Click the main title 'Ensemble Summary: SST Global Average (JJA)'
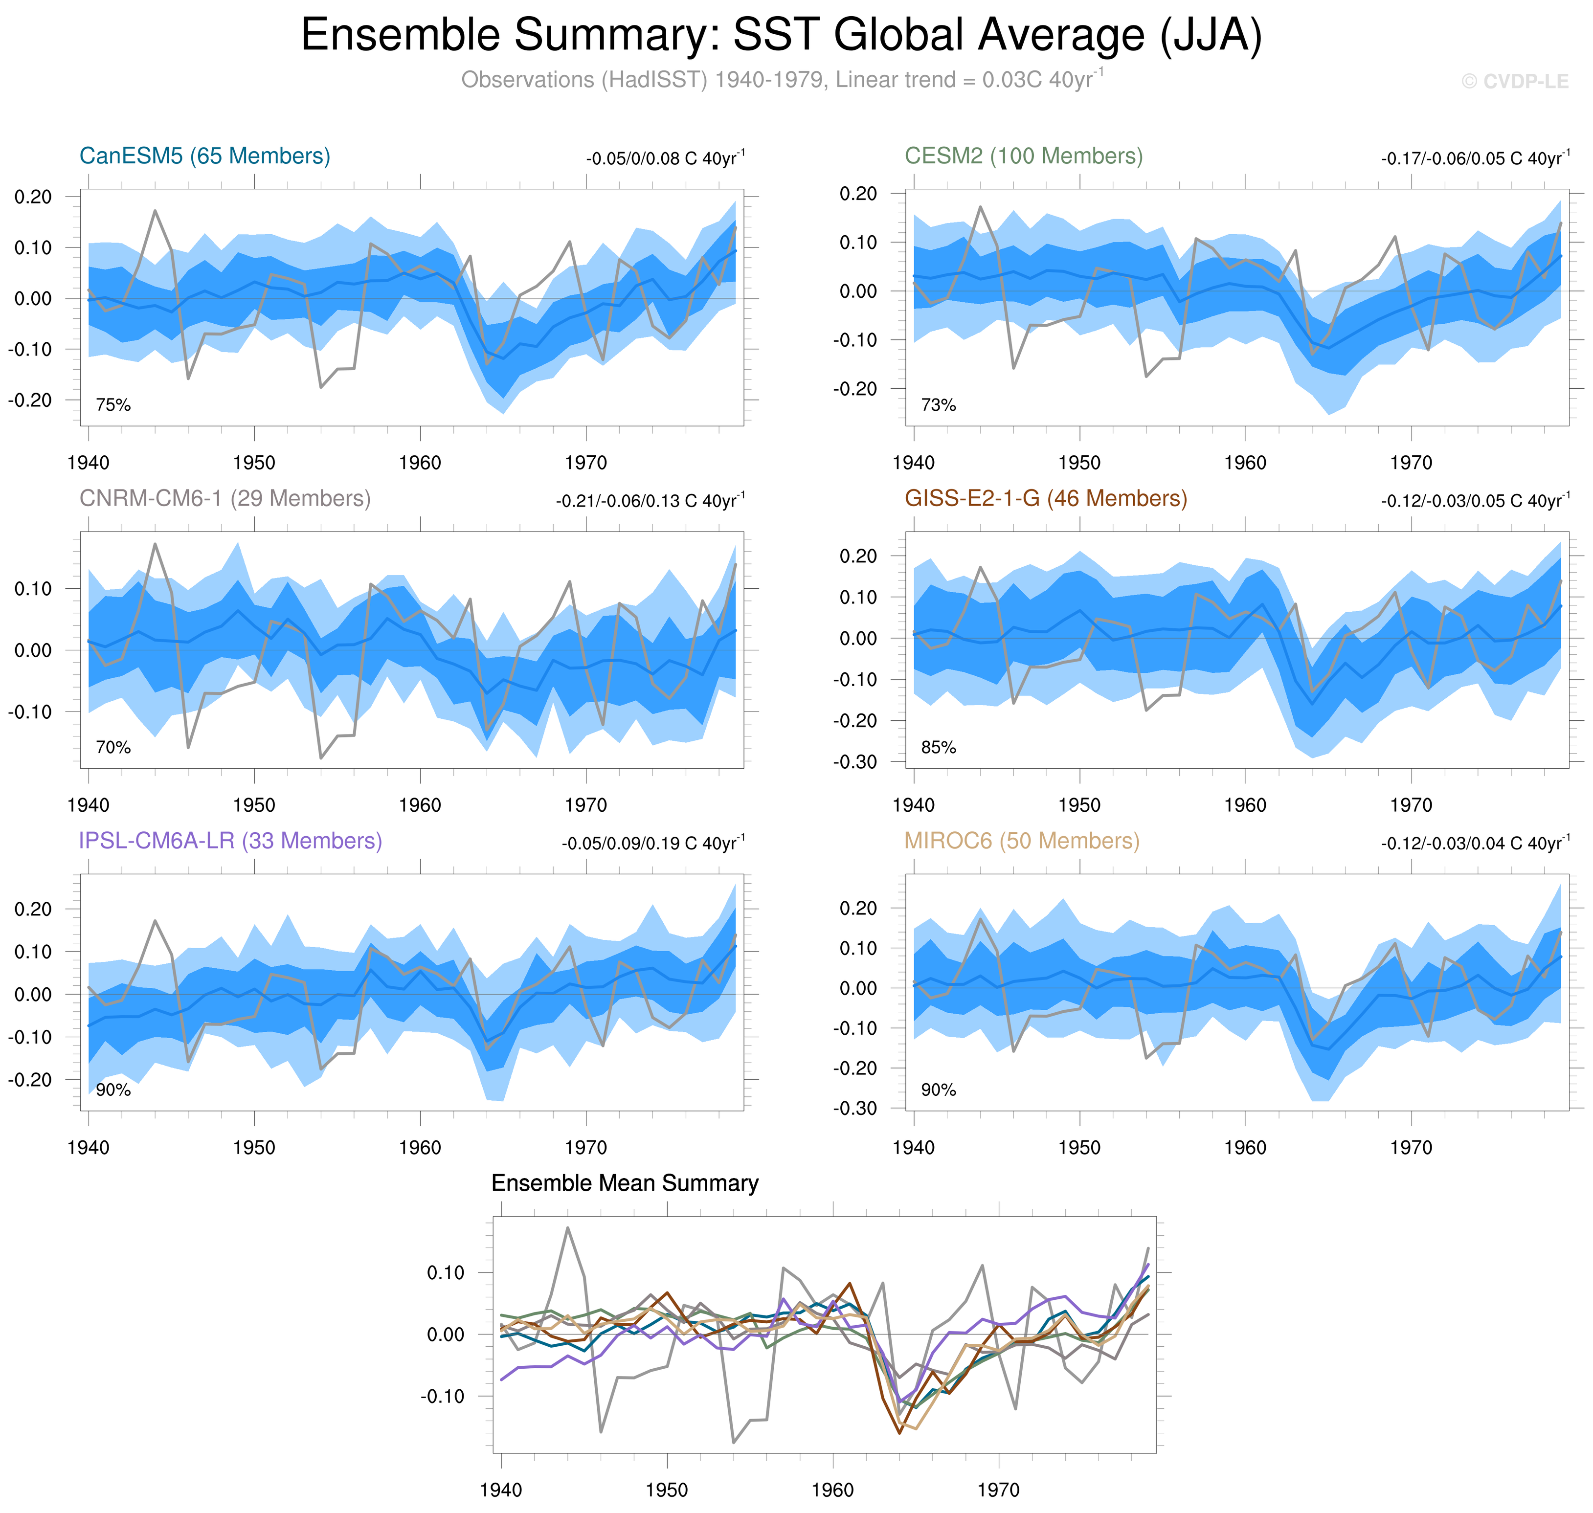(781, 36)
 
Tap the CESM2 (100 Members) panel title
(1023, 156)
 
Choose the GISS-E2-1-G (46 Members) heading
(1045, 498)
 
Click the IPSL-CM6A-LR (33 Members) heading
(230, 841)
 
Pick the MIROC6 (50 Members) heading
(1021, 841)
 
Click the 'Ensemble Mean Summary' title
(624, 1183)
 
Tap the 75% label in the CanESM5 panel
(113, 405)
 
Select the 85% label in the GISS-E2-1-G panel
(938, 748)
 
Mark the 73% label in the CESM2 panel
(938, 405)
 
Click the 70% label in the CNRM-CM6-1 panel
(113, 748)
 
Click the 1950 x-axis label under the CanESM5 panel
(254, 463)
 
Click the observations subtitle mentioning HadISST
(781, 80)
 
